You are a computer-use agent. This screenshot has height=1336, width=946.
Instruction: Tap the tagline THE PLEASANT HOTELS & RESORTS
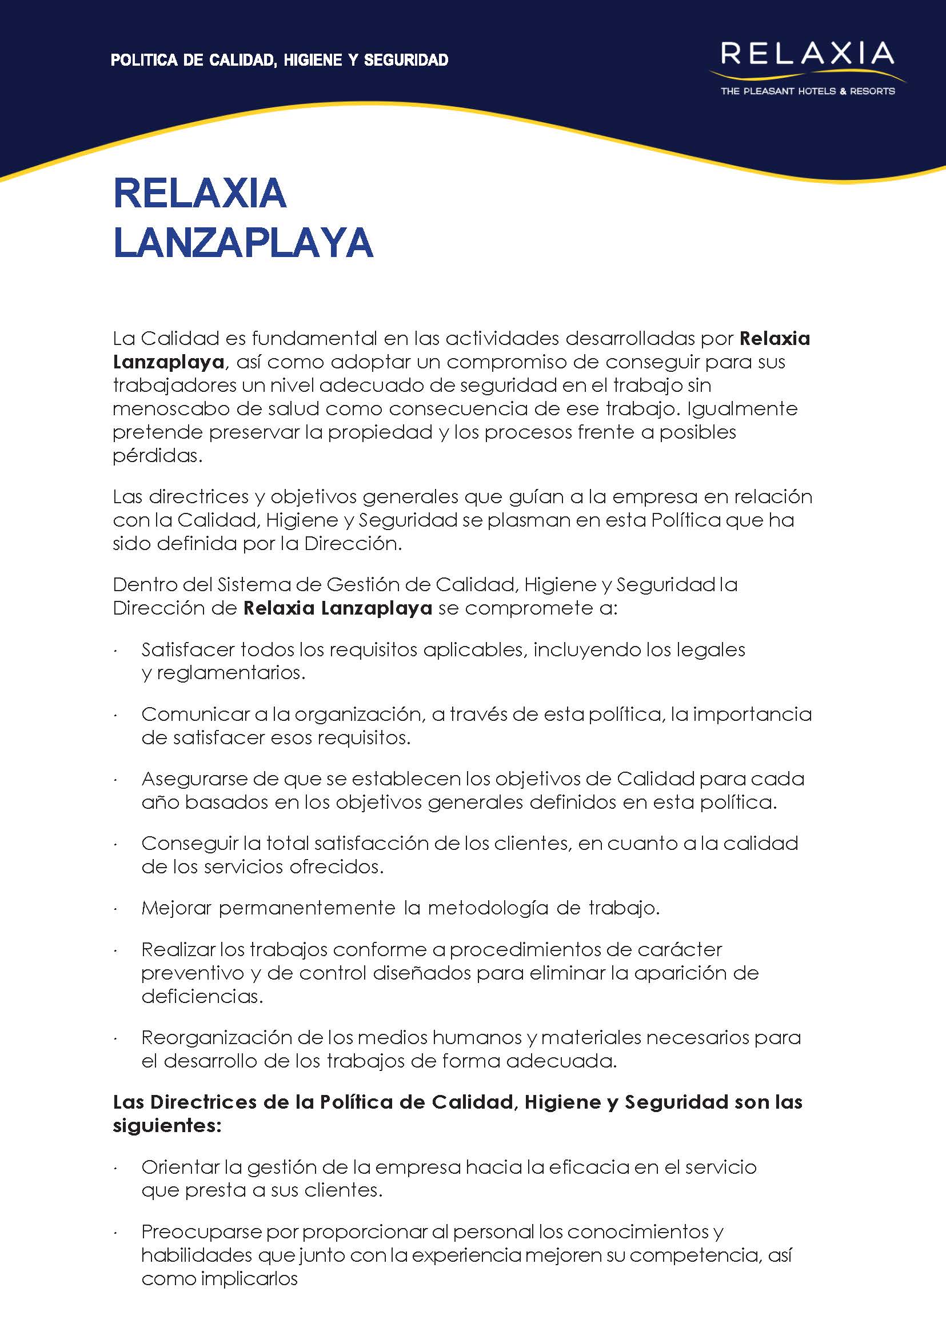(807, 91)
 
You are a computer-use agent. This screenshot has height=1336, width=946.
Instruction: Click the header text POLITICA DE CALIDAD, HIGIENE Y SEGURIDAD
(279, 60)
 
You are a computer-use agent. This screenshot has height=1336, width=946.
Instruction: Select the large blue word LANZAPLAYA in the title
(243, 242)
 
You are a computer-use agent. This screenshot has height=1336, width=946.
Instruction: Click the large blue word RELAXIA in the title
(200, 193)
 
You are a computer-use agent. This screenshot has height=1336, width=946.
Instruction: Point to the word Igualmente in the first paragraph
(742, 408)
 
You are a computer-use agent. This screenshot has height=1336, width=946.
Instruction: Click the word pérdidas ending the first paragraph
(157, 456)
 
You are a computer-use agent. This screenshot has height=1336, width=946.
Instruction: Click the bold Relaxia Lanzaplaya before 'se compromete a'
(337, 608)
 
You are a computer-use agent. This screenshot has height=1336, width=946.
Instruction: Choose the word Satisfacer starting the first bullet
(187, 649)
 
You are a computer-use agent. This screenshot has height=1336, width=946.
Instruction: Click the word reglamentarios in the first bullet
(231, 673)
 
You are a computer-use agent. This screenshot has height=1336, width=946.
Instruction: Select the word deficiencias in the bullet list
(202, 997)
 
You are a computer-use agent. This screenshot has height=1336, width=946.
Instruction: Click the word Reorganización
(216, 1037)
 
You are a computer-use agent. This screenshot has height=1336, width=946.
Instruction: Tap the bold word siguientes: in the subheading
(167, 1126)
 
